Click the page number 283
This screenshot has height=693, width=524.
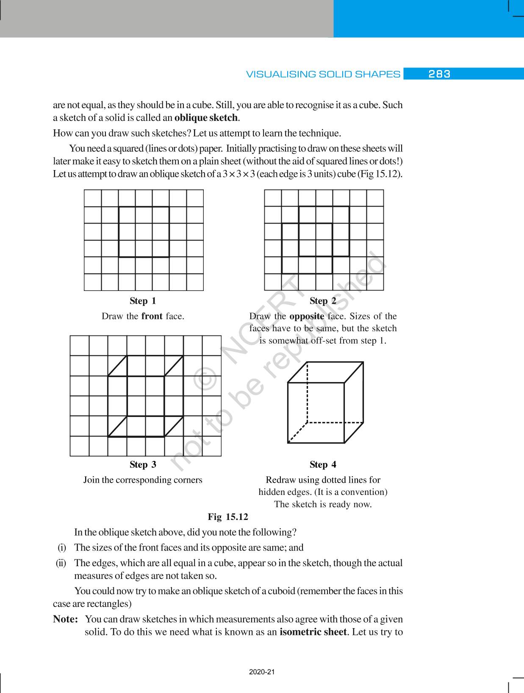439,74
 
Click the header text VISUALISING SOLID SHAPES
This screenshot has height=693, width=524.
323,74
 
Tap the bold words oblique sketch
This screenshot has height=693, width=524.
206,117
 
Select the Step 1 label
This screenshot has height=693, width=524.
143,301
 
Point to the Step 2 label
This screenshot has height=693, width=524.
323,301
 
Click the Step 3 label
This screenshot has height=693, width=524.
143,464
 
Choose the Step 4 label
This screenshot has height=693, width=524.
323,464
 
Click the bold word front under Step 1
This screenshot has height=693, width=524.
152,316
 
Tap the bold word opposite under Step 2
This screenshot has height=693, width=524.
307,316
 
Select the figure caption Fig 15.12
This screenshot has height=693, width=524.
228,517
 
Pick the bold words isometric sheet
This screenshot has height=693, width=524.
313,632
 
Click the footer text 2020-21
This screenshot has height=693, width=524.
262,672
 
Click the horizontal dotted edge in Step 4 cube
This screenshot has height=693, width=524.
335,422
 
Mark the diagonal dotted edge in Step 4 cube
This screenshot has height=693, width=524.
297,433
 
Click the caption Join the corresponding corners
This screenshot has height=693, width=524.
143,480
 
